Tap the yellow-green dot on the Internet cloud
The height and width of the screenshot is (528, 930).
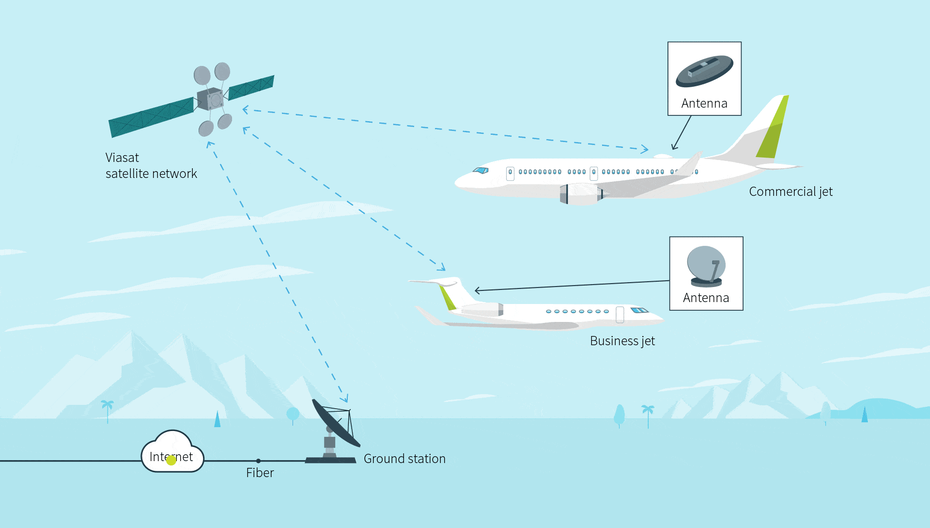tap(171, 460)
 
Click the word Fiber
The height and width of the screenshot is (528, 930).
tap(260, 473)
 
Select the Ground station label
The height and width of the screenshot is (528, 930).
tap(404, 459)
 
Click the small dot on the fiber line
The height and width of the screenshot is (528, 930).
tap(258, 461)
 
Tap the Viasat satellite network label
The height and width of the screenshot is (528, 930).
tap(151, 166)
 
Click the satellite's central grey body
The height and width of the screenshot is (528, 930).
tap(210, 99)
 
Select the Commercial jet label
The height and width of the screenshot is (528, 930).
tap(790, 192)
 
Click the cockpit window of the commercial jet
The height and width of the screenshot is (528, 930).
tap(481, 170)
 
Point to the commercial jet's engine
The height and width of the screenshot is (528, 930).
tap(580, 194)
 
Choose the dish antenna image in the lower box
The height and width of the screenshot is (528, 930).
tap(706, 266)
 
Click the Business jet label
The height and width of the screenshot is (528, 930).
tap(622, 341)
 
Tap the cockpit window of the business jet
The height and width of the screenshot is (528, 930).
tap(639, 310)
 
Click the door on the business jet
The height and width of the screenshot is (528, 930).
tap(620, 315)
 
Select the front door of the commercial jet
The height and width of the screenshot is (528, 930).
tap(510, 173)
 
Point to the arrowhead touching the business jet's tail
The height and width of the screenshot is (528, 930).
tap(477, 290)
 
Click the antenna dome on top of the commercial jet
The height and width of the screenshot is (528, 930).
tap(663, 156)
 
